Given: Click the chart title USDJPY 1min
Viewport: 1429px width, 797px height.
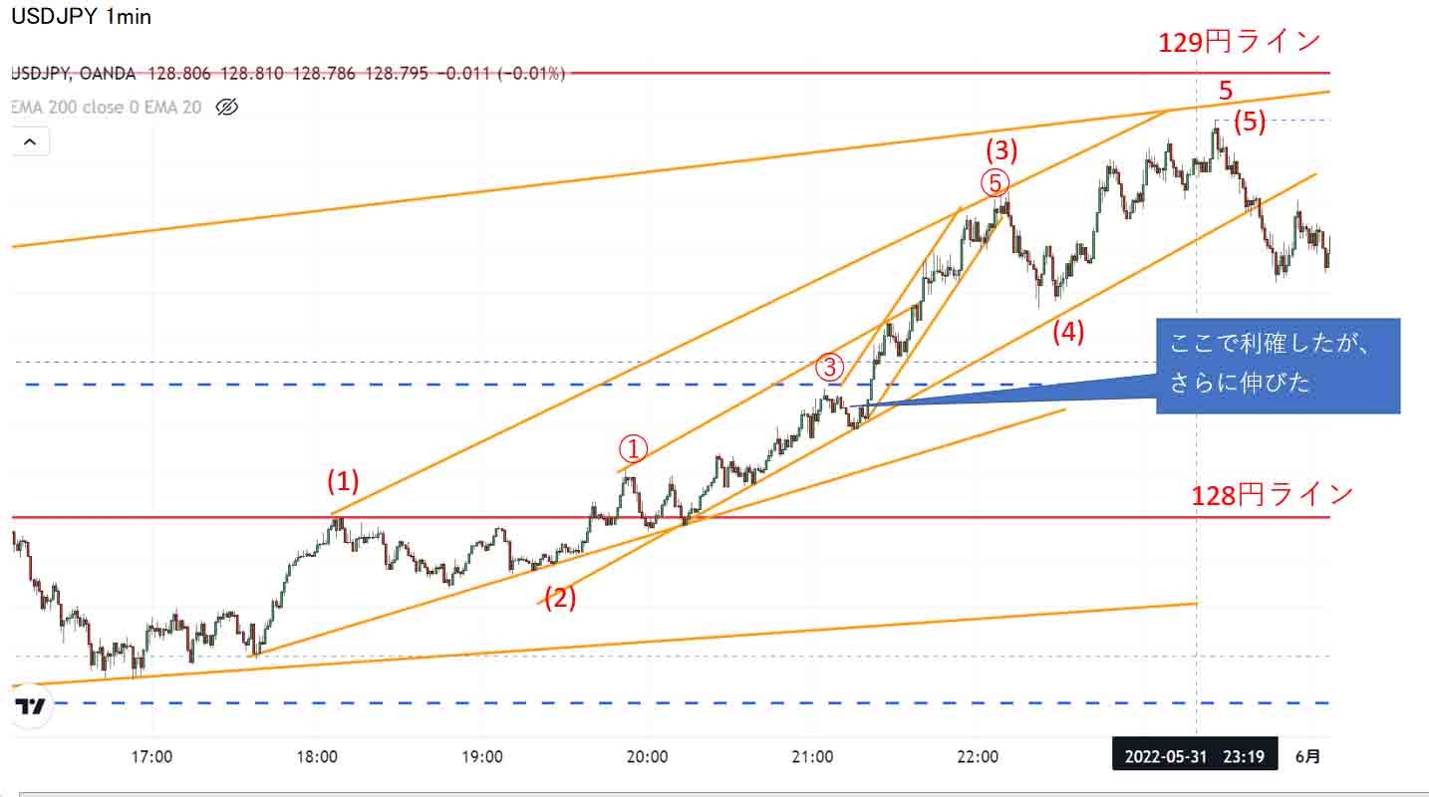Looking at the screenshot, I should click(x=81, y=17).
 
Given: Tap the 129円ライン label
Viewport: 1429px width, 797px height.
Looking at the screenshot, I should click(x=1240, y=42).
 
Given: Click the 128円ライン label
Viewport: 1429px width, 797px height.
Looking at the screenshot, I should click(x=1273, y=494).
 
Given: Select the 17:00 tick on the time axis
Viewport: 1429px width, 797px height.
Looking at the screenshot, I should click(x=151, y=757).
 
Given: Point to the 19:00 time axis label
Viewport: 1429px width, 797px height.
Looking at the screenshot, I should click(x=482, y=757).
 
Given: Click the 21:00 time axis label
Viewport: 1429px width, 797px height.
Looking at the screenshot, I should click(x=813, y=757).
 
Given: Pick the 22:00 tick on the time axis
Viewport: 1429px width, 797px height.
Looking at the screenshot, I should click(x=978, y=757).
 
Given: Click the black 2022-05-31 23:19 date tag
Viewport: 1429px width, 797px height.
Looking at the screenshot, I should click(x=1194, y=757).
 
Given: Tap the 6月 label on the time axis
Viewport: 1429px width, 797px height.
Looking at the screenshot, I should click(x=1308, y=757).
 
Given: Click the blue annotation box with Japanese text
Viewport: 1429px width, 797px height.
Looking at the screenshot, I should click(x=1278, y=366).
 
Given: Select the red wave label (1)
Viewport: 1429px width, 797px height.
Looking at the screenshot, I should click(x=343, y=482).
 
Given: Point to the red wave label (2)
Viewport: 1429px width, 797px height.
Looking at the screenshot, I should click(x=560, y=599).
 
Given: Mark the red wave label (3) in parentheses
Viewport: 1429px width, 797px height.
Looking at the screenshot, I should click(x=1001, y=150).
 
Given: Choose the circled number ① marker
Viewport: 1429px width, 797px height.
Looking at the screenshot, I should click(x=634, y=447).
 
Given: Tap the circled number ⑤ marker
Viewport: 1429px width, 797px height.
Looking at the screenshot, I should click(x=995, y=182).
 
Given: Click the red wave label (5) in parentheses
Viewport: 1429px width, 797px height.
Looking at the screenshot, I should click(x=1250, y=123).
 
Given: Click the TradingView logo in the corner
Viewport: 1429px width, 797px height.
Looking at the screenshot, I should click(x=31, y=708).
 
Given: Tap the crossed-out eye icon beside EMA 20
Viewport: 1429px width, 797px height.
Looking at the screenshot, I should click(x=227, y=107).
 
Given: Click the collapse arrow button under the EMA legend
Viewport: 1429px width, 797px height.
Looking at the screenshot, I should click(x=30, y=142).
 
